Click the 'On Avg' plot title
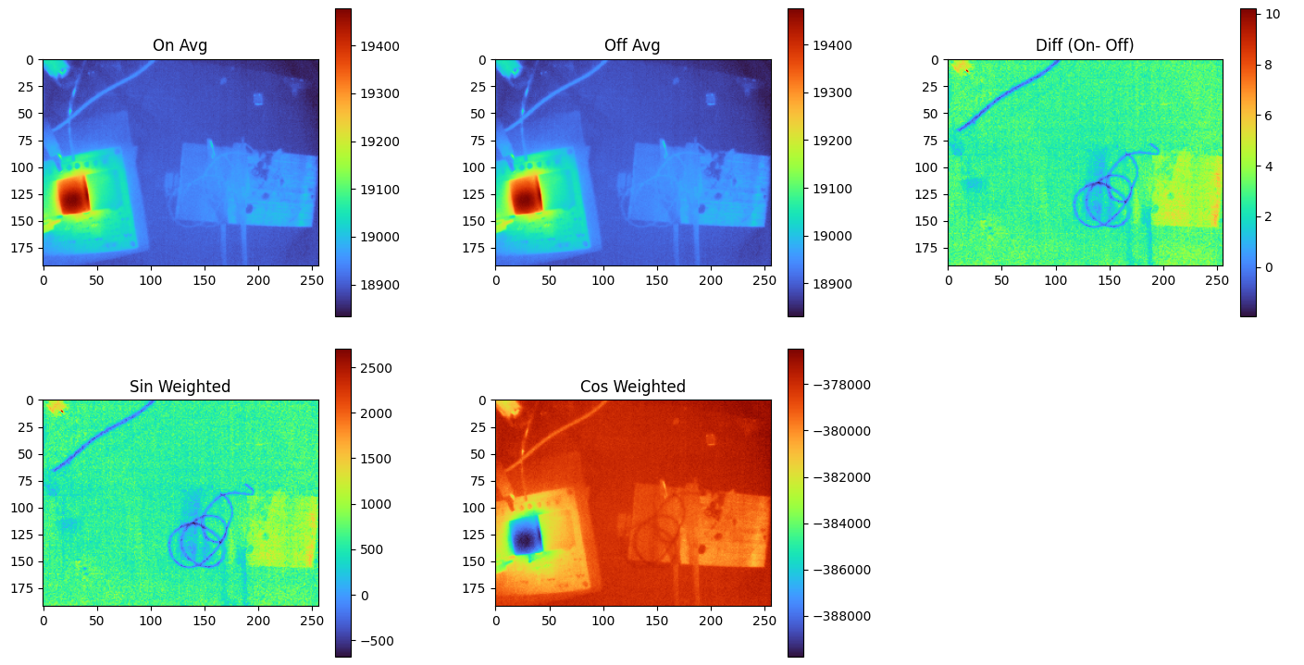180,45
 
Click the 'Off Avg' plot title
632,45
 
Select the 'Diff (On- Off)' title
1085,45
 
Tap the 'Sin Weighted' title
180,387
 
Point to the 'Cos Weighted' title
632,387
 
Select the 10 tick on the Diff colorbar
1272,14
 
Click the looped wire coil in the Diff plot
1101,199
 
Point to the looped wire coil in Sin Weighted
197,540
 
